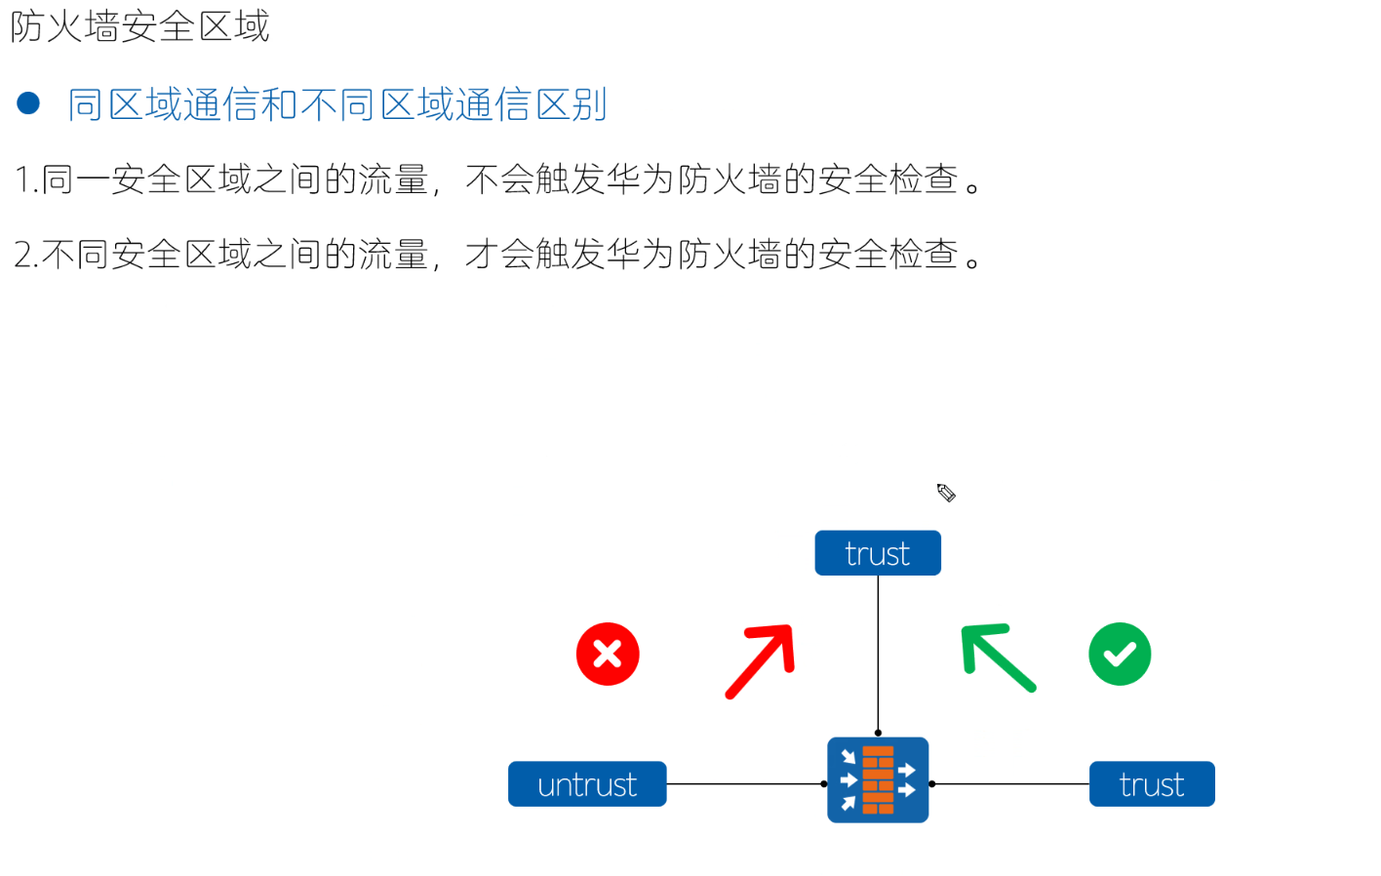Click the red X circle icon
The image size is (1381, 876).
click(607, 654)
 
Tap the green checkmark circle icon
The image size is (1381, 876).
click(1119, 654)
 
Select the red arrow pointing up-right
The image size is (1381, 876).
click(762, 660)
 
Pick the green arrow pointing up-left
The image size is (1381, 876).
click(997, 657)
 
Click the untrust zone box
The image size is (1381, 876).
click(587, 784)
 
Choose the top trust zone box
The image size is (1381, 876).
click(878, 553)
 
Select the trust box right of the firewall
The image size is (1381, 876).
click(1152, 784)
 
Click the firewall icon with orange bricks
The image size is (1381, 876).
click(878, 780)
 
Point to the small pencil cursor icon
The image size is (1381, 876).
click(946, 493)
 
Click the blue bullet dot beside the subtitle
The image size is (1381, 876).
click(28, 102)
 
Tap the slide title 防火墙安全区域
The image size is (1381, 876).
click(139, 26)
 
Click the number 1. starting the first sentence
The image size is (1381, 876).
click(26, 180)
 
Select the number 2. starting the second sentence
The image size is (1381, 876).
click(26, 255)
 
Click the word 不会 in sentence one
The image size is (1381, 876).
click(499, 180)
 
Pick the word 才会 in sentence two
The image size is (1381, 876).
click(499, 255)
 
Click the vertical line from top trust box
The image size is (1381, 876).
click(878, 654)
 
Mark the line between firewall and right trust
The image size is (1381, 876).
click(1009, 783)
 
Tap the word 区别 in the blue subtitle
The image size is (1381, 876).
click(572, 104)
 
